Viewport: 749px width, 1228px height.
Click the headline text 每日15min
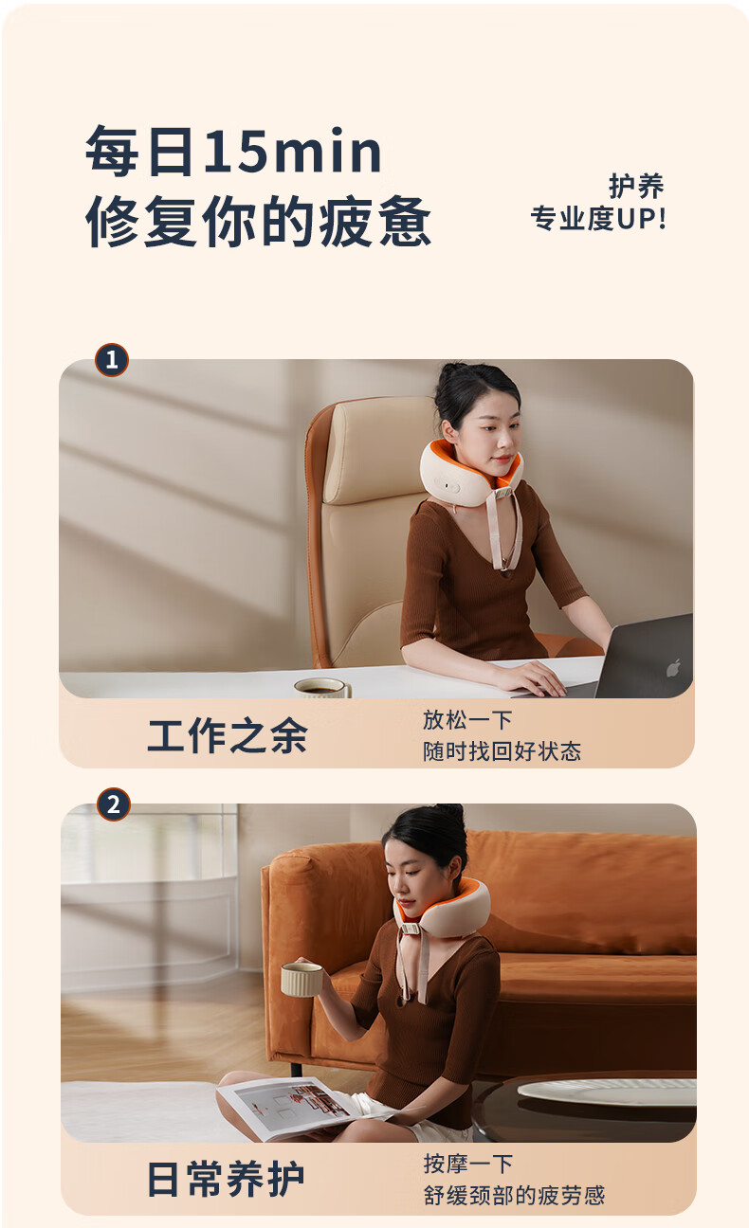click(x=233, y=151)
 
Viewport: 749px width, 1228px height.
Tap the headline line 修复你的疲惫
click(x=258, y=221)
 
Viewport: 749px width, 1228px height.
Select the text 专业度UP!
click(x=598, y=218)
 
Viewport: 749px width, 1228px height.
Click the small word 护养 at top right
click(x=636, y=186)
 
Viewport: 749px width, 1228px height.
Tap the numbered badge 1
click(x=112, y=360)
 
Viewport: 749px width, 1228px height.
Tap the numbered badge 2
click(x=114, y=804)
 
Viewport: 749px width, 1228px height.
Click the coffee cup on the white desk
click(x=322, y=688)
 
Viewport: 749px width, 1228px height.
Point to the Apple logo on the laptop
click(x=674, y=667)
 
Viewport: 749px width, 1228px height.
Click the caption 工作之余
click(x=228, y=736)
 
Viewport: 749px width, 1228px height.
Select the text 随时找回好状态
click(x=502, y=751)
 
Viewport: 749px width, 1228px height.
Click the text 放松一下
click(x=467, y=720)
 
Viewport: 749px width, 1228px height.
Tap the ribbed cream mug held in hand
click(x=301, y=979)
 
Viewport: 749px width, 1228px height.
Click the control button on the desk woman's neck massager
click(x=450, y=486)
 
